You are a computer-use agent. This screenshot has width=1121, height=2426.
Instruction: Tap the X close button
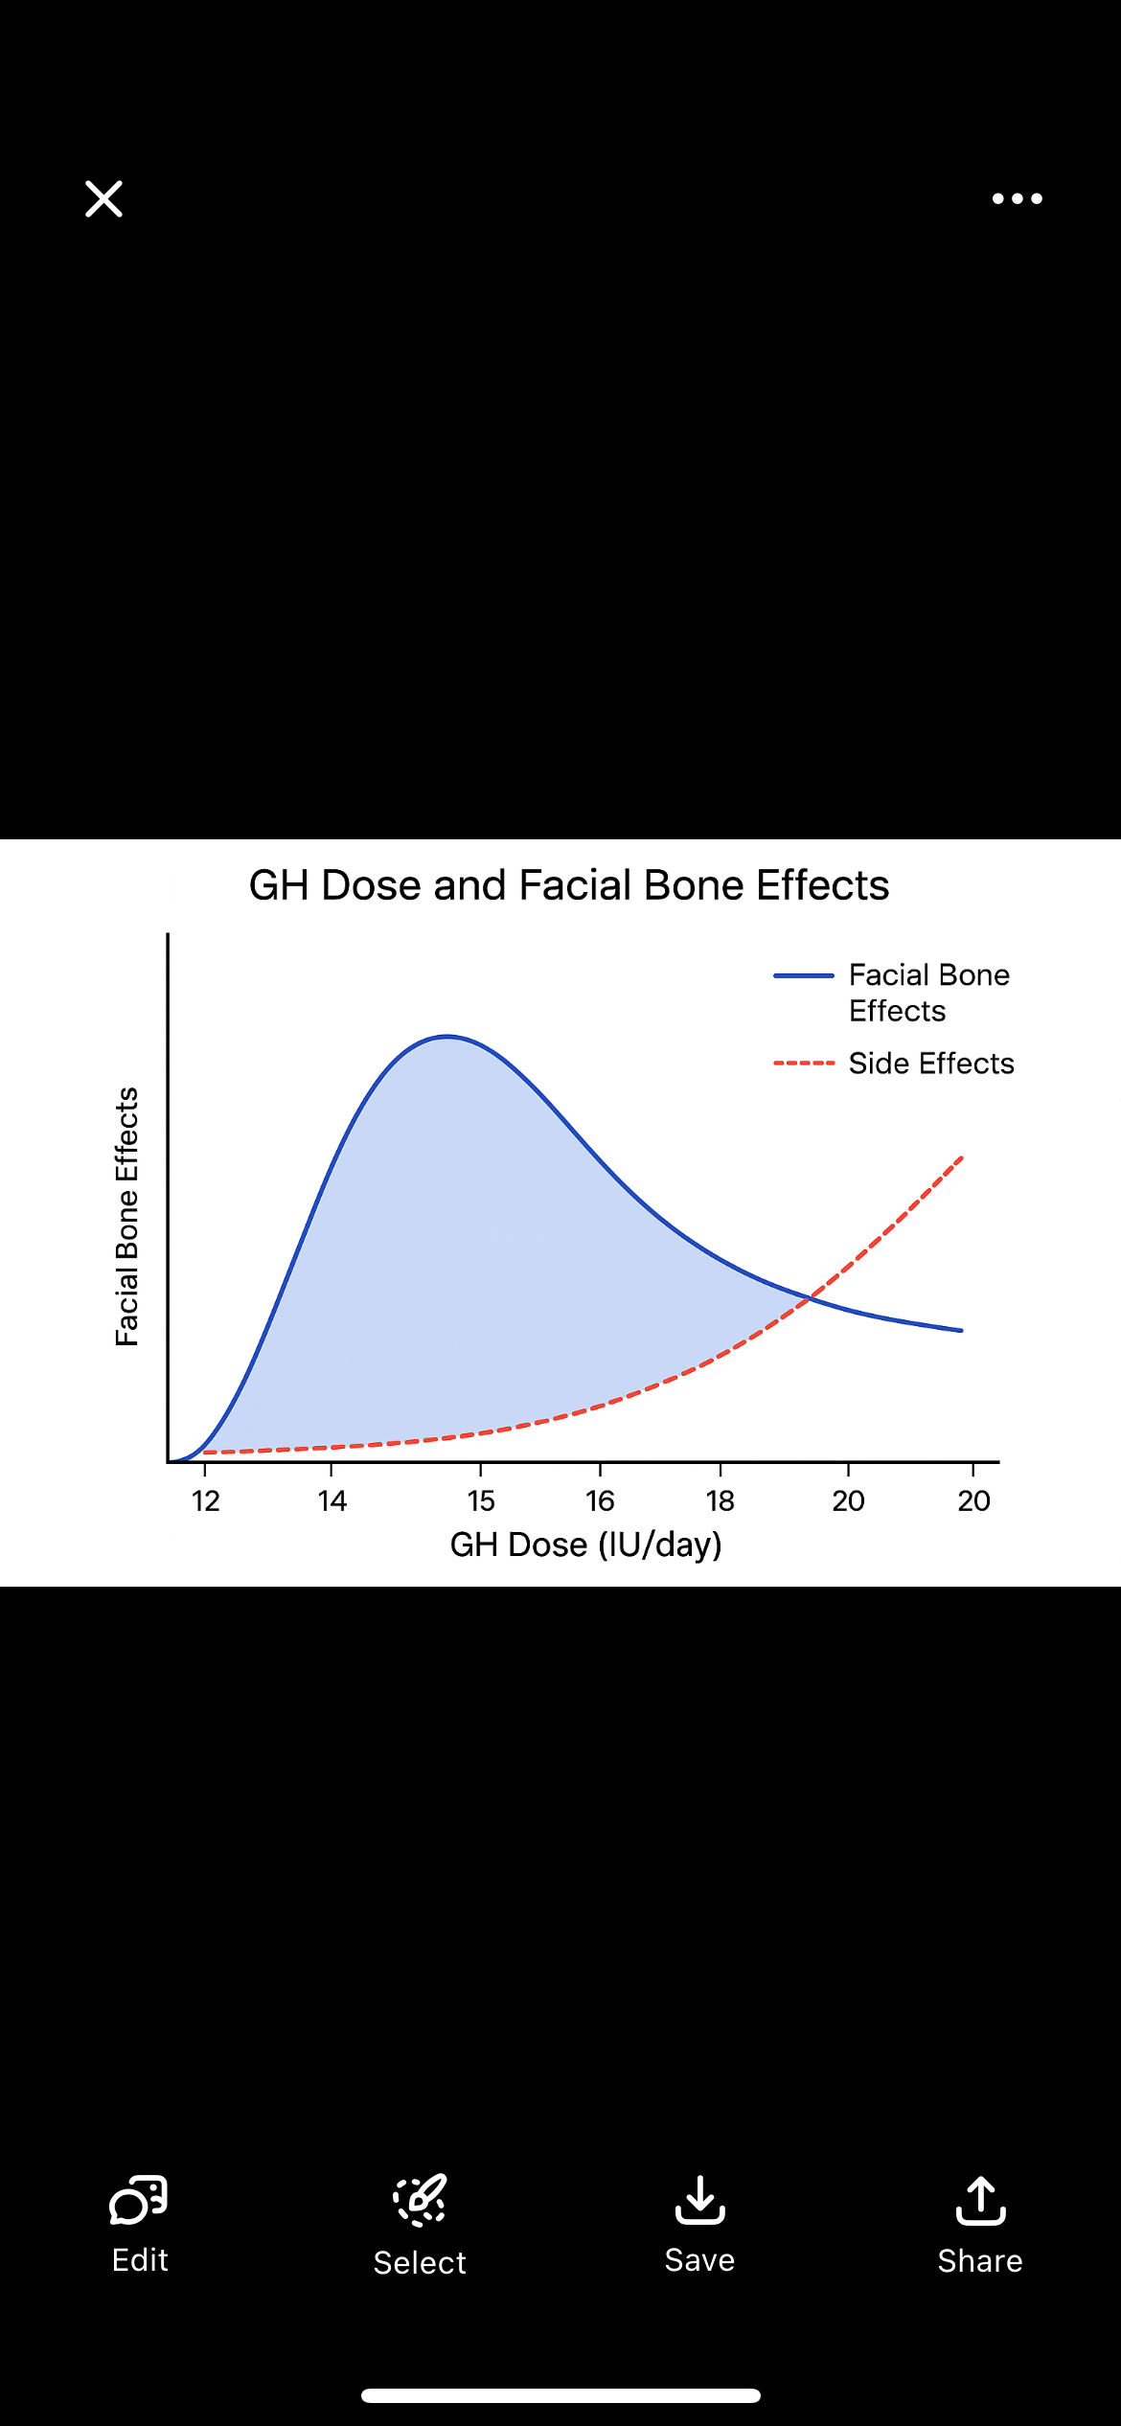tap(103, 199)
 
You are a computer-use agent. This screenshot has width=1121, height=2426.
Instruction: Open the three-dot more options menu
tap(1017, 199)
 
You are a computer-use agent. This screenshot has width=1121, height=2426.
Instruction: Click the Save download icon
tap(699, 2200)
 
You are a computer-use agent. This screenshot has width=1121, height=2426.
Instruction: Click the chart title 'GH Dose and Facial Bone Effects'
tap(569, 885)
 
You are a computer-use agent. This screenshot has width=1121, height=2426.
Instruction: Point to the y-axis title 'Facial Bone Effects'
tap(127, 1217)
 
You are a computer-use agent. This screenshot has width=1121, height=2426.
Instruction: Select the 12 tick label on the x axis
tap(205, 1500)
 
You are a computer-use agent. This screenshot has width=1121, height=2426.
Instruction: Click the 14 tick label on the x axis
tap(332, 1500)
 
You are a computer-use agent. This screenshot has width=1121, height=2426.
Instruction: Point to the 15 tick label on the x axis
tap(481, 1500)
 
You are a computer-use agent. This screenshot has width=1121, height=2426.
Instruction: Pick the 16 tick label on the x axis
tap(600, 1500)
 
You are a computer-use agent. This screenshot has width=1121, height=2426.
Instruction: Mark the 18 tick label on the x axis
tap(721, 1500)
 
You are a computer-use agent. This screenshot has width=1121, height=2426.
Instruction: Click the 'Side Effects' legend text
tap(931, 1064)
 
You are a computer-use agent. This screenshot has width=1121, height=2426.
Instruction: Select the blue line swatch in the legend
tap(804, 975)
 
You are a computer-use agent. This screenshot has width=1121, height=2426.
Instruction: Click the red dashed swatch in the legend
tap(804, 1064)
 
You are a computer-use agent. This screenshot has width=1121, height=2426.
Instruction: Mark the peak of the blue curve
tap(447, 1037)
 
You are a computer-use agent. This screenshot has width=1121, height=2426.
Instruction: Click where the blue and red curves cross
tap(811, 1297)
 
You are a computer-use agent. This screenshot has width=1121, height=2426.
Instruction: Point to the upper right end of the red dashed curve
tap(961, 1158)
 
